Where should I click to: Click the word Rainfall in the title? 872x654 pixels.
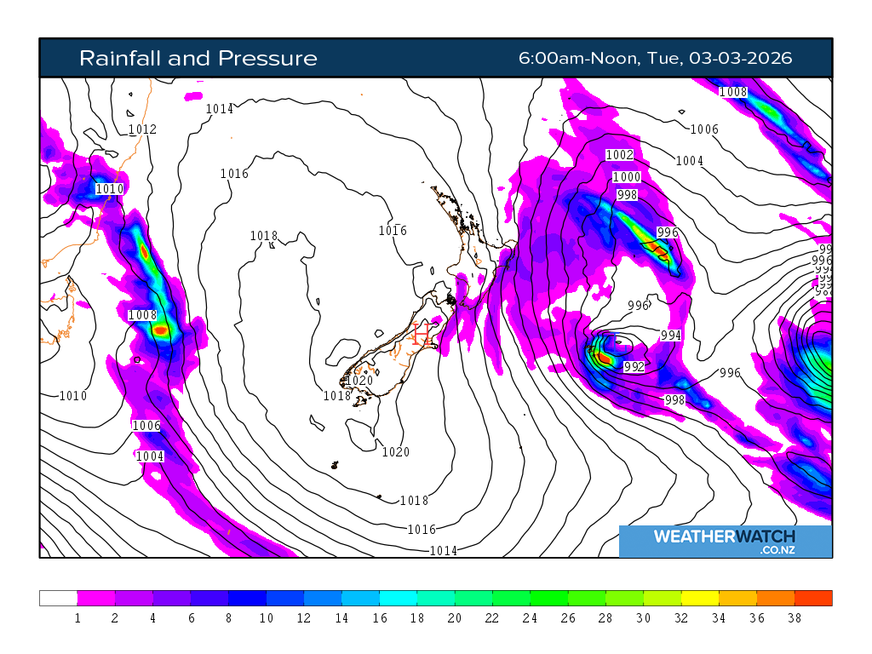[120, 58]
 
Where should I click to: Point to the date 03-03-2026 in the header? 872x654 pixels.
[741, 58]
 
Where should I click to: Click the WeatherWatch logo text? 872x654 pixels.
[724, 536]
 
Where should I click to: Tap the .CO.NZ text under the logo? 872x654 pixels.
[777, 551]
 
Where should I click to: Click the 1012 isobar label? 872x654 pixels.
[142, 129]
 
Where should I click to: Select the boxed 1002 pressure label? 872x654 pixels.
[619, 154]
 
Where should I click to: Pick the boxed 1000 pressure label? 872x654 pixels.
[626, 176]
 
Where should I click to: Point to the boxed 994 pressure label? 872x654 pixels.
[670, 336]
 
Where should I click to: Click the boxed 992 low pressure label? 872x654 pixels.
[634, 367]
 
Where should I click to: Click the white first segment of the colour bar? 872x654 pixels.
[58, 598]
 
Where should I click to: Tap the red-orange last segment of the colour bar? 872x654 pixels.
[813, 598]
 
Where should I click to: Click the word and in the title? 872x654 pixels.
[193, 58]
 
